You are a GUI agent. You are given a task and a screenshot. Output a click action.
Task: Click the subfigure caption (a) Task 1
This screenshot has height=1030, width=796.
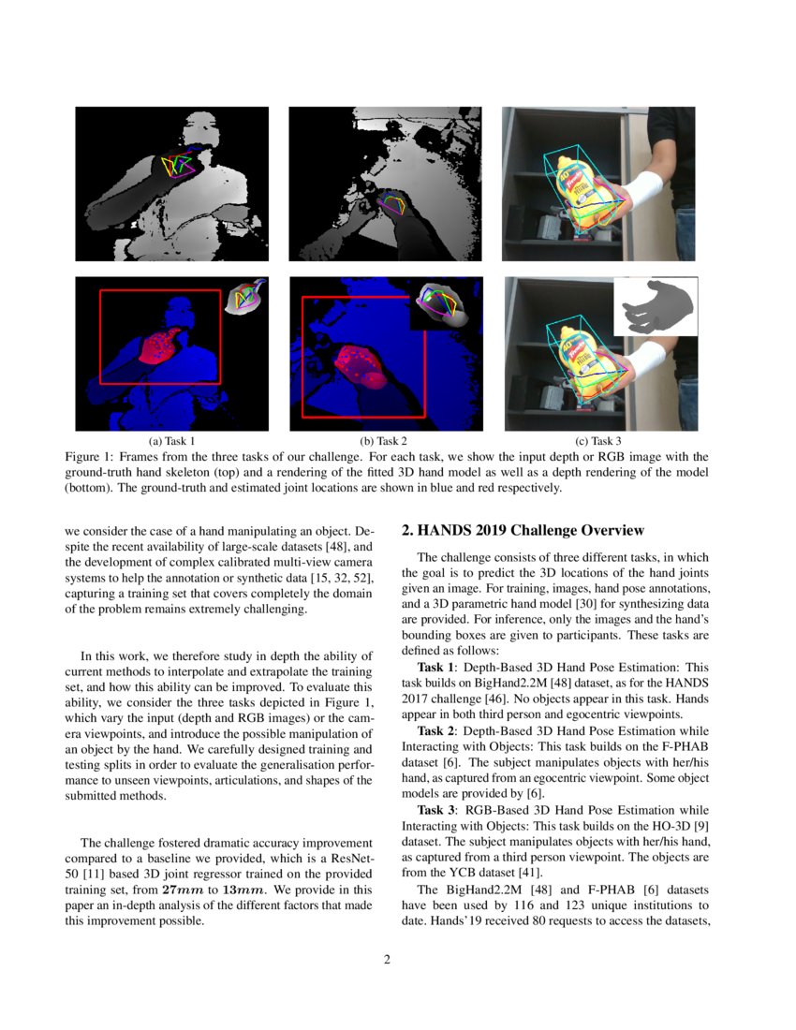pos(172,440)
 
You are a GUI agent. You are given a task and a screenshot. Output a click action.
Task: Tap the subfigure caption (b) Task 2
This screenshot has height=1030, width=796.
pos(385,440)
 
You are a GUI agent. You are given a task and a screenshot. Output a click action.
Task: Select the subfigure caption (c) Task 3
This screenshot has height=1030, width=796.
pos(598,440)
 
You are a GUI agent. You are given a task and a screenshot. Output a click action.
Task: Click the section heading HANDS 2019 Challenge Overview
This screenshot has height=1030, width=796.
pos(523,531)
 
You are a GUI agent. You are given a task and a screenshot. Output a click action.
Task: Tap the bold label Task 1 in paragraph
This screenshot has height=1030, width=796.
pos(435,666)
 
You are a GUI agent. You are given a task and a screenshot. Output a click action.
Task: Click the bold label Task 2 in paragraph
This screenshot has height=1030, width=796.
pos(435,730)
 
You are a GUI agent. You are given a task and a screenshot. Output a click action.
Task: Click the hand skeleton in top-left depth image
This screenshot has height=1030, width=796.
pos(178,166)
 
